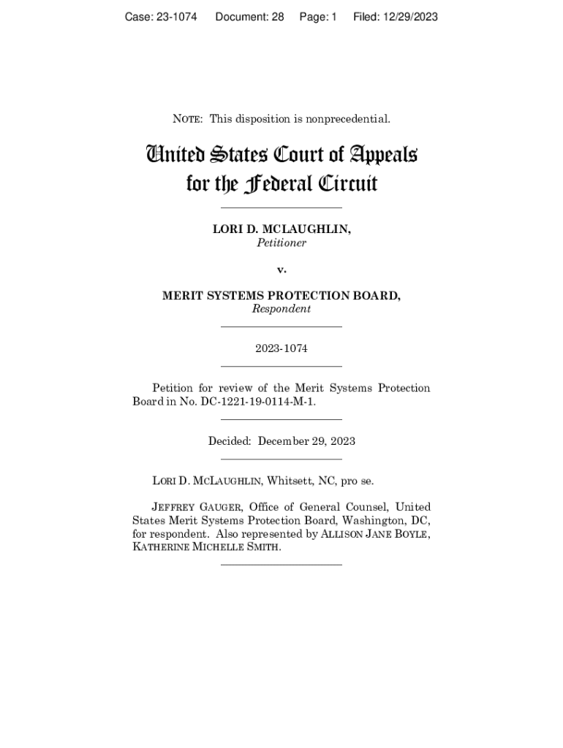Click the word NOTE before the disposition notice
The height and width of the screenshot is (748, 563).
(x=187, y=118)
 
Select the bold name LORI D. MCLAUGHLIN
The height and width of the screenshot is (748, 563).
(x=281, y=229)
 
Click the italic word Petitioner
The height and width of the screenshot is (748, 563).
(x=281, y=243)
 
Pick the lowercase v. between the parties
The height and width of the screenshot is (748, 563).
(x=281, y=270)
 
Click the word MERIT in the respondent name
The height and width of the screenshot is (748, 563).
(x=183, y=296)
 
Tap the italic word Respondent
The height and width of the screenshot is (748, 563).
(x=281, y=309)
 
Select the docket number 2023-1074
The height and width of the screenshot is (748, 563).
(x=281, y=348)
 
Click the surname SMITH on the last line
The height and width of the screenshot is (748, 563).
(x=260, y=547)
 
